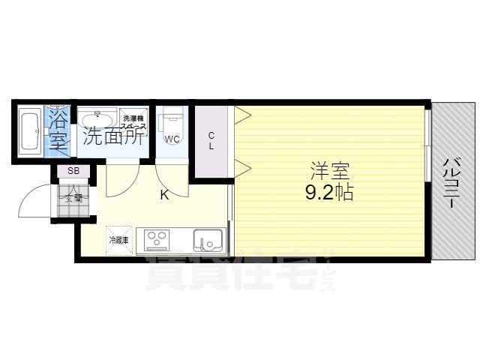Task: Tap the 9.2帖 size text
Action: (329, 193)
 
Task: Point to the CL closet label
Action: (211, 141)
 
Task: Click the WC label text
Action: (172, 139)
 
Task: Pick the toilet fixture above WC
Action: (172, 119)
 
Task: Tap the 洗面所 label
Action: (113, 137)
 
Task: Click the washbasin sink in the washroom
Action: (97, 119)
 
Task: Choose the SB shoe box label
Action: (73, 171)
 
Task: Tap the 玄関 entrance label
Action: (73, 198)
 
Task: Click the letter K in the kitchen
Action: (164, 196)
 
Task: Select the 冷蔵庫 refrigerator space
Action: (119, 240)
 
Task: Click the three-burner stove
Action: (157, 239)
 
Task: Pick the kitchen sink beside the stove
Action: (207, 240)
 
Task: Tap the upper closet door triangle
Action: (242, 115)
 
